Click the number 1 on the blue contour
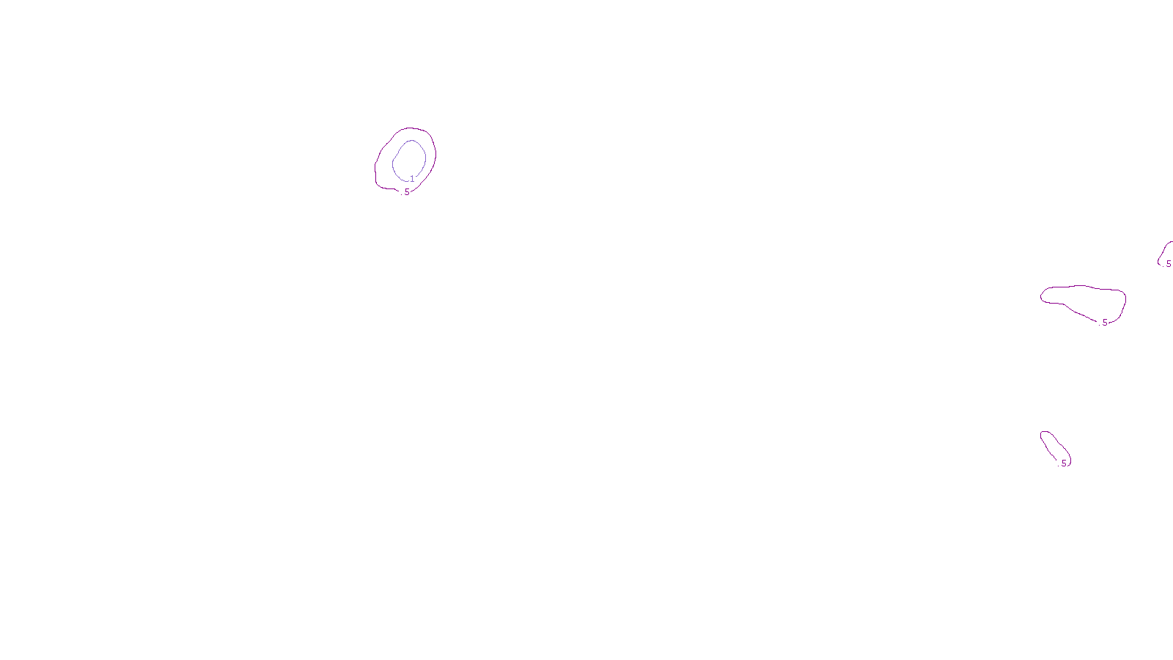tap(412, 179)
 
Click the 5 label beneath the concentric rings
tap(407, 192)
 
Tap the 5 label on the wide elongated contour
tap(1105, 323)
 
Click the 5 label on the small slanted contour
tap(1064, 463)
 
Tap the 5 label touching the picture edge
tap(1169, 264)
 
